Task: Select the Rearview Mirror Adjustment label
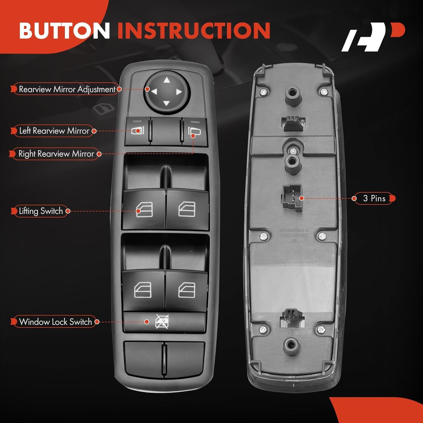tap(67, 89)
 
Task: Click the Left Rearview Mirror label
tap(54, 131)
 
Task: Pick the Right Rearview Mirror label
tap(56, 154)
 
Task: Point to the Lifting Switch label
tap(41, 211)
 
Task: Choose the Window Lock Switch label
tap(55, 322)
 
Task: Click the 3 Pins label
tap(374, 198)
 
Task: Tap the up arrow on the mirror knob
tap(167, 80)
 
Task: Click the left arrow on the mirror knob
tap(154, 92)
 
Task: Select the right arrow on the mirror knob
tap(179, 92)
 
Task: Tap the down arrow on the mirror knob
tap(166, 103)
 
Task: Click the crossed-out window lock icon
tap(162, 322)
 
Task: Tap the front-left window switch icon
tap(144, 210)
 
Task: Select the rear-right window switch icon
tap(187, 290)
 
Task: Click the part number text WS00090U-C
tap(294, 230)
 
